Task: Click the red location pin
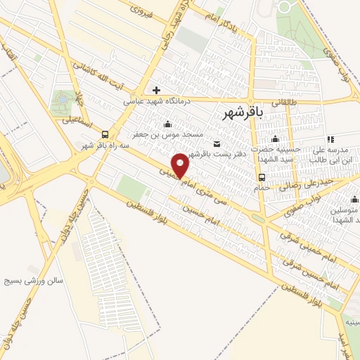pos(181,165)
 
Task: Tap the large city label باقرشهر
pos(241,112)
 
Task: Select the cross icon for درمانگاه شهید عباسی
pos(156,90)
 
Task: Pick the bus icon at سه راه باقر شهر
pos(105,134)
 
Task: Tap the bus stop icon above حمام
pos(262,176)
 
